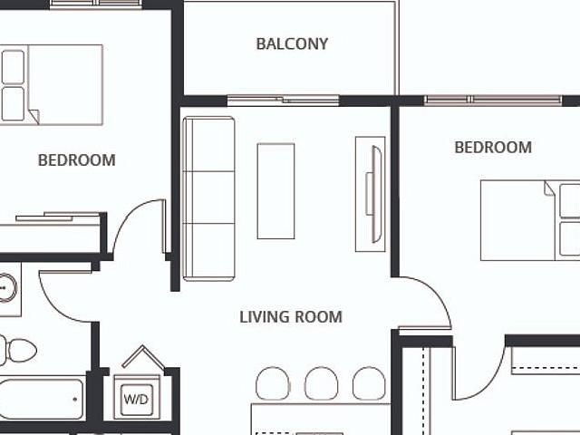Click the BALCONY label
[x=292, y=43]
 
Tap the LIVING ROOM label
[x=291, y=317]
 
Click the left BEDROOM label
[x=77, y=160]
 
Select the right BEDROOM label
[x=493, y=147]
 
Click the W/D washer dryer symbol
[x=137, y=396]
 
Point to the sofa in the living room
[x=208, y=198]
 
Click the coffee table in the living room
[x=275, y=190]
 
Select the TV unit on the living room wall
[x=370, y=193]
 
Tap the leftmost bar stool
[x=273, y=382]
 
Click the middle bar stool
[x=321, y=382]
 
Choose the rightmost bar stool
[x=369, y=382]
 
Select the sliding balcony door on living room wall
[x=283, y=100]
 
